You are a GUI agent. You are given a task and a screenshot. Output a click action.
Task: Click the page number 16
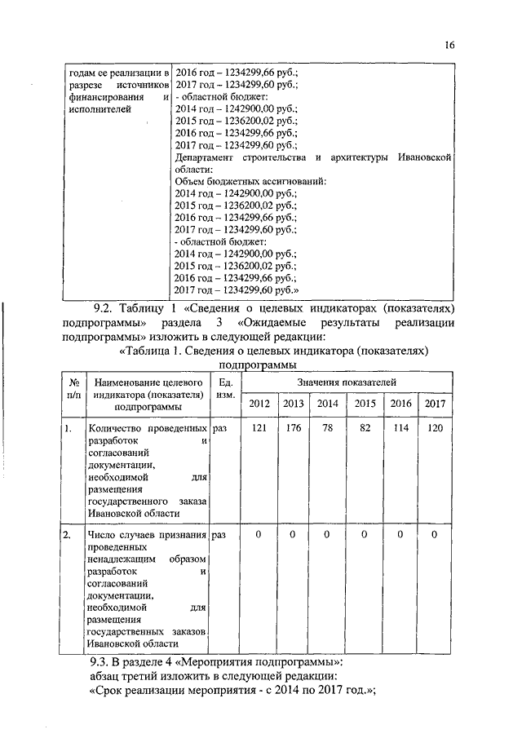(449, 46)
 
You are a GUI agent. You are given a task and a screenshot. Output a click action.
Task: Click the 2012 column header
(259, 404)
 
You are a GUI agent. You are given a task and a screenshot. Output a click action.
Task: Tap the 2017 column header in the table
(436, 404)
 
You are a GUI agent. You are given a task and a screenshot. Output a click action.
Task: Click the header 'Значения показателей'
(346, 382)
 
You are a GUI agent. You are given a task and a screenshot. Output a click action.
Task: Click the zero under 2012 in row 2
(259, 535)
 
